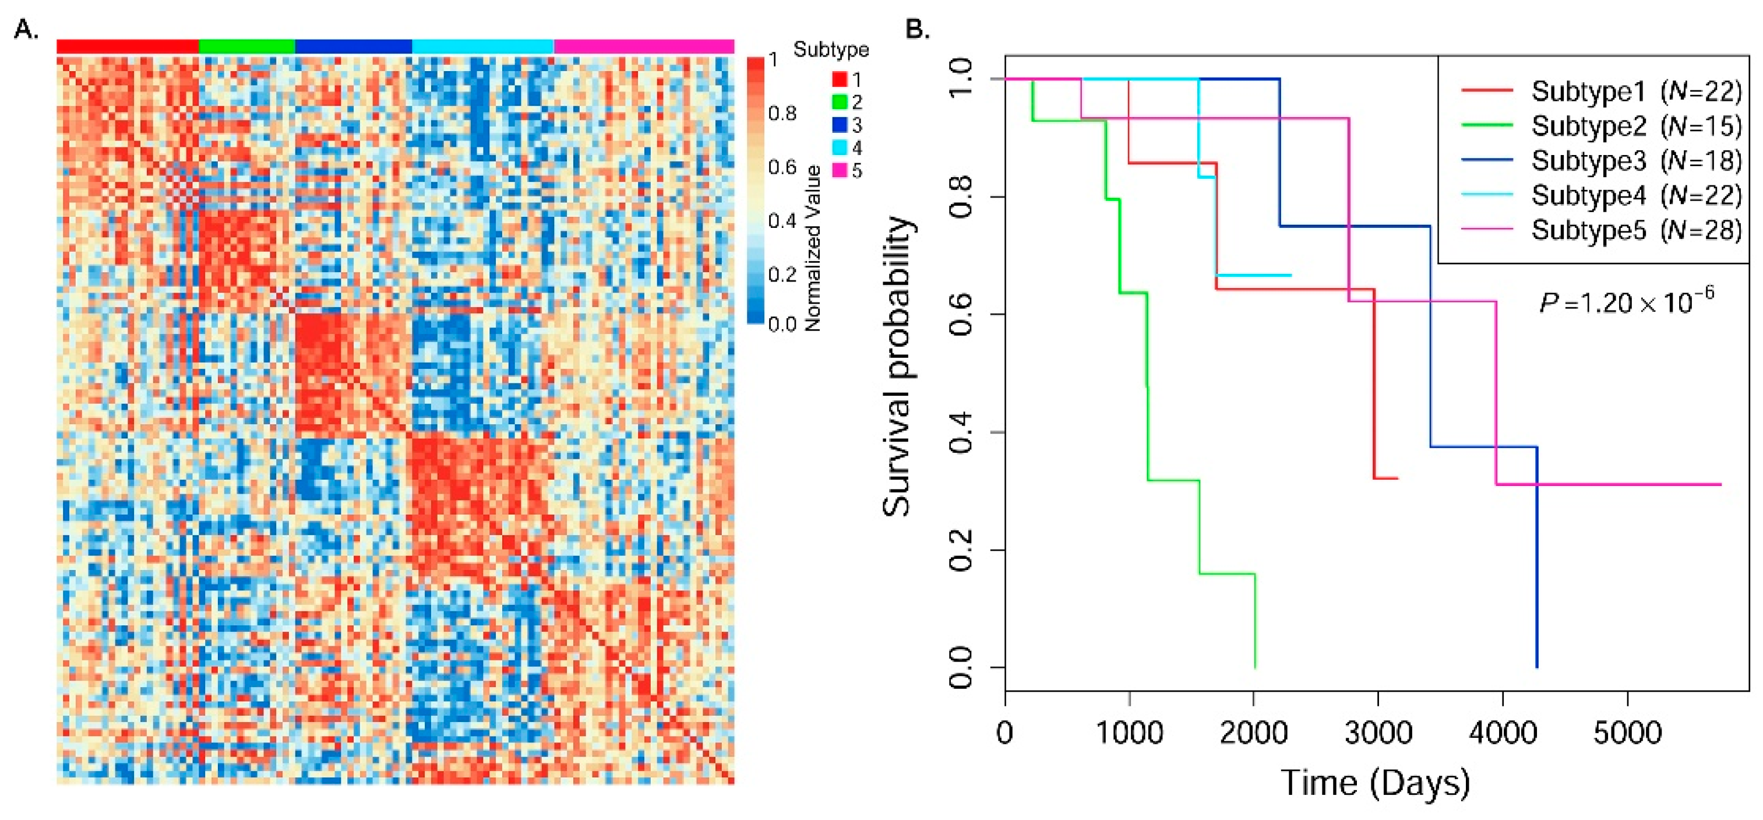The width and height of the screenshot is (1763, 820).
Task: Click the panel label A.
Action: [26, 30]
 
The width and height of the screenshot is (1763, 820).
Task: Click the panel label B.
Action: [917, 30]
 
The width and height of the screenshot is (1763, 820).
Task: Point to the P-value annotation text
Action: [1626, 301]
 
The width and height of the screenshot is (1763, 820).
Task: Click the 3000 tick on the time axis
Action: [1378, 733]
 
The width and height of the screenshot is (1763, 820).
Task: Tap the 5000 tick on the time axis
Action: [1627, 733]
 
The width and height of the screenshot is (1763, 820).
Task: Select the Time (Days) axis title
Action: [1376, 782]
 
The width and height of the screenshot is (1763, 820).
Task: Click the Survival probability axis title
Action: [897, 366]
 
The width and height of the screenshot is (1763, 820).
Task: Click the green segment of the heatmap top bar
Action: [246, 47]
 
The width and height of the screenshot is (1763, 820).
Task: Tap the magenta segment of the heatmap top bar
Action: [643, 47]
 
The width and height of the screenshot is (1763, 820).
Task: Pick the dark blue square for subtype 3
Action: [840, 125]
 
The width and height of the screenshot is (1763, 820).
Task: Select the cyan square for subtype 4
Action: [840, 148]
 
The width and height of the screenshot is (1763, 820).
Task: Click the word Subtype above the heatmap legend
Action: [831, 50]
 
